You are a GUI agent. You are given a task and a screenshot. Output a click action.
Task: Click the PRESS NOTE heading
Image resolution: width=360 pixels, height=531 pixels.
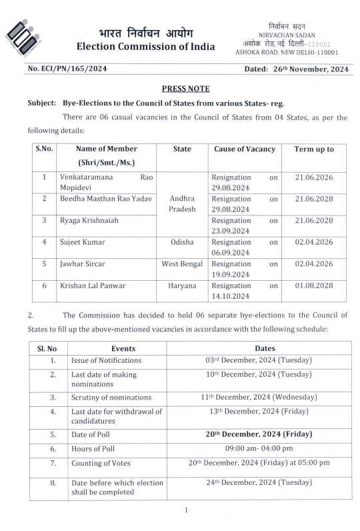click(x=186, y=89)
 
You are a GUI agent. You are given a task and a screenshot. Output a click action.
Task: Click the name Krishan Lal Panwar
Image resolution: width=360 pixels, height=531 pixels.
click(x=93, y=285)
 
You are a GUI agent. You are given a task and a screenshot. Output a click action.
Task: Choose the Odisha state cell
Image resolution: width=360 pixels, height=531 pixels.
click(x=182, y=242)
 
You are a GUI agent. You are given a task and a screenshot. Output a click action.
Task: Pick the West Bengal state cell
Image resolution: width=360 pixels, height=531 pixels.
click(x=182, y=264)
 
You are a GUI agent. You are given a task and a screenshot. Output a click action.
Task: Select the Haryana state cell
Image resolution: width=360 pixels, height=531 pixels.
click(x=182, y=285)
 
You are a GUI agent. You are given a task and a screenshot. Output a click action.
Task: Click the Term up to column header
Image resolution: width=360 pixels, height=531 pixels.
click(x=314, y=149)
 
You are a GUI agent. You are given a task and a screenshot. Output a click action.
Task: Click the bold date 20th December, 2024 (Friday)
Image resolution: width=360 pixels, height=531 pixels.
click(x=259, y=434)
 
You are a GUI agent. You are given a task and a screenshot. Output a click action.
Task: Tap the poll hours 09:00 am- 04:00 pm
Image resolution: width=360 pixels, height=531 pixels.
click(x=259, y=448)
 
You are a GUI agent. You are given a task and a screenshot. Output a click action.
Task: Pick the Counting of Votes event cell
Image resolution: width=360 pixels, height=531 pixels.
click(x=101, y=463)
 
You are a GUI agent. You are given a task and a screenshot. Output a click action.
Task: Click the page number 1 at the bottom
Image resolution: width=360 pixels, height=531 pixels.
click(x=186, y=510)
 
